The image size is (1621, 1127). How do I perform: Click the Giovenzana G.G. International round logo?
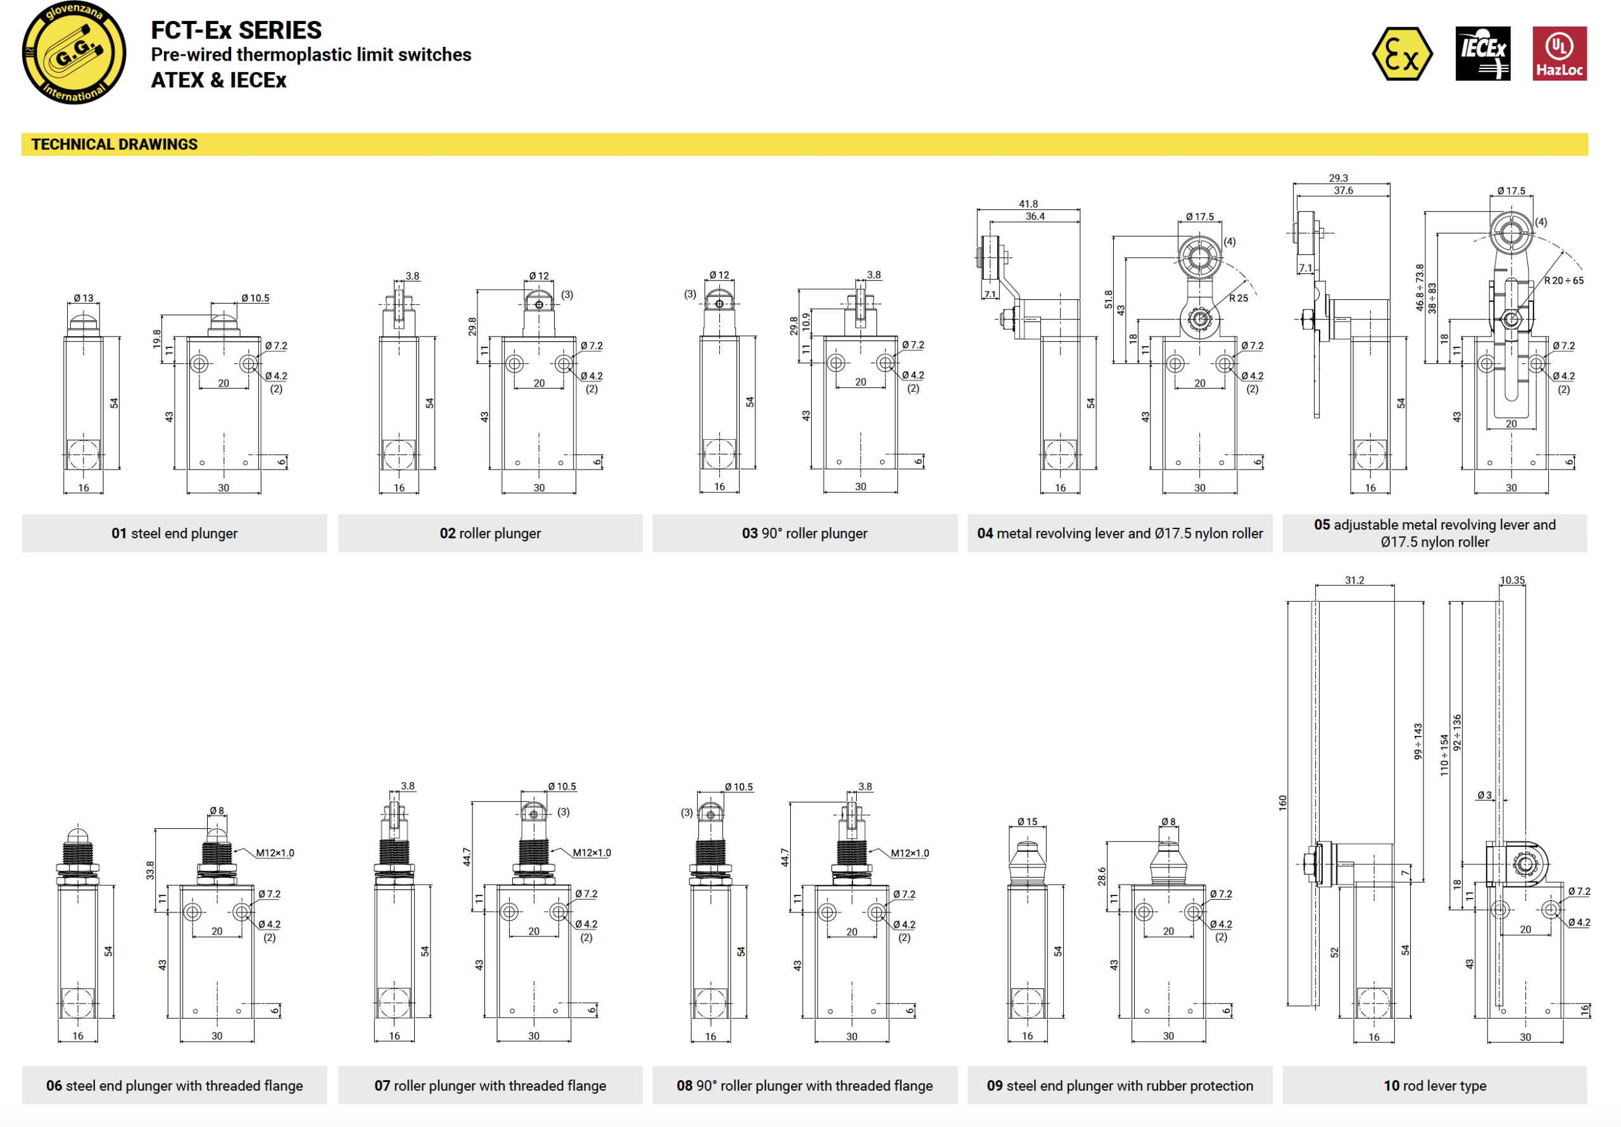74,53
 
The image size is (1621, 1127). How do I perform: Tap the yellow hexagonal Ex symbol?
1401,54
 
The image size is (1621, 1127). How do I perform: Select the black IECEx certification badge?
1482,54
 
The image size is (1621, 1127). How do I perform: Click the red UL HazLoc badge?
1559,54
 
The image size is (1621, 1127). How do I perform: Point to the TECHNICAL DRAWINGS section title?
115,145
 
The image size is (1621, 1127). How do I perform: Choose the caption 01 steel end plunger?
174,533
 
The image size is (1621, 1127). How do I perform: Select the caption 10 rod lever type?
1434,1085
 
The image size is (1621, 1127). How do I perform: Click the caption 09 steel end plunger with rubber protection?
1119,1085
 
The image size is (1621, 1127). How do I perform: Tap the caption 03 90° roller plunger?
804,533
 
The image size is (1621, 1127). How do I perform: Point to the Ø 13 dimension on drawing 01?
84,298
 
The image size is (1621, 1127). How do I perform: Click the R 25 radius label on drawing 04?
1239,298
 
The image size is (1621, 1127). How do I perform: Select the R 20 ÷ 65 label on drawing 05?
1563,280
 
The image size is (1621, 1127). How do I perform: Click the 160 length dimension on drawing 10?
1283,802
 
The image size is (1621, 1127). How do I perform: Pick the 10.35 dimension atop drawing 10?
1511,580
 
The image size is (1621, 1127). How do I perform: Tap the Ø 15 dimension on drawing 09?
1027,821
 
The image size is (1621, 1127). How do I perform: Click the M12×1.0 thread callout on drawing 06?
275,852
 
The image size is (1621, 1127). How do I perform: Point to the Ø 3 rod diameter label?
1484,795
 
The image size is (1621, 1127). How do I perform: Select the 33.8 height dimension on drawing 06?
149,870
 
